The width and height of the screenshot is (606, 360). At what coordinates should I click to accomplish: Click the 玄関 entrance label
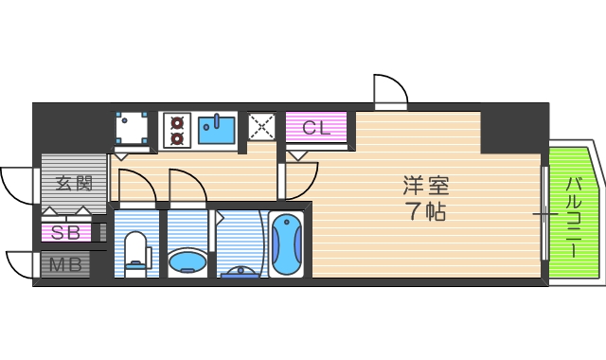pyautogui.click(x=73, y=183)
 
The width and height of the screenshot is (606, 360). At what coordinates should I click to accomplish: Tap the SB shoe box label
pyautogui.click(x=65, y=232)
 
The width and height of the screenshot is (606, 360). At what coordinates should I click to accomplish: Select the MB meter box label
pyautogui.click(x=65, y=264)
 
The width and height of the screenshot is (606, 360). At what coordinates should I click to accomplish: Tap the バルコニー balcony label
pyautogui.click(x=573, y=214)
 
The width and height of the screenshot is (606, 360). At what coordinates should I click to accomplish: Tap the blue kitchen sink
pyautogui.click(x=218, y=130)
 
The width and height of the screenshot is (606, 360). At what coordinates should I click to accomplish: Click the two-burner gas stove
pyautogui.click(x=176, y=130)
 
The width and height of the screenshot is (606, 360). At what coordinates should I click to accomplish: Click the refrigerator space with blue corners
pyautogui.click(x=132, y=128)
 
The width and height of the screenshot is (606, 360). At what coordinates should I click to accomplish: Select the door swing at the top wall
pyautogui.click(x=389, y=91)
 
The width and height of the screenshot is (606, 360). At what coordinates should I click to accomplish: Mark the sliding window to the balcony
pyautogui.click(x=544, y=213)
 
